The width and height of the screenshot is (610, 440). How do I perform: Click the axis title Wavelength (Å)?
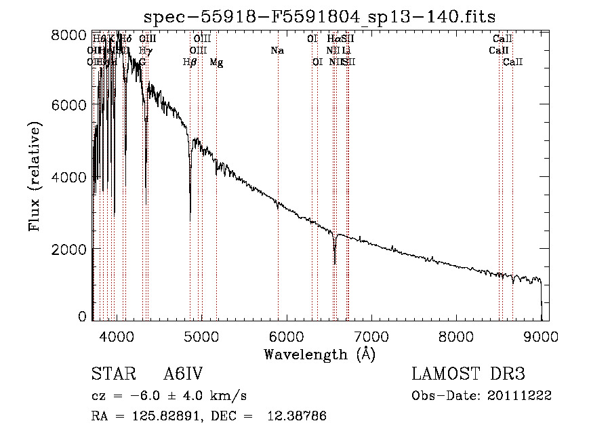(319, 354)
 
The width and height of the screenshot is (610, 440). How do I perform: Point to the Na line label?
(277, 50)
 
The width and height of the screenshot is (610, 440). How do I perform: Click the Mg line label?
(216, 62)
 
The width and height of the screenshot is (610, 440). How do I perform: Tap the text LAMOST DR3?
(468, 375)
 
